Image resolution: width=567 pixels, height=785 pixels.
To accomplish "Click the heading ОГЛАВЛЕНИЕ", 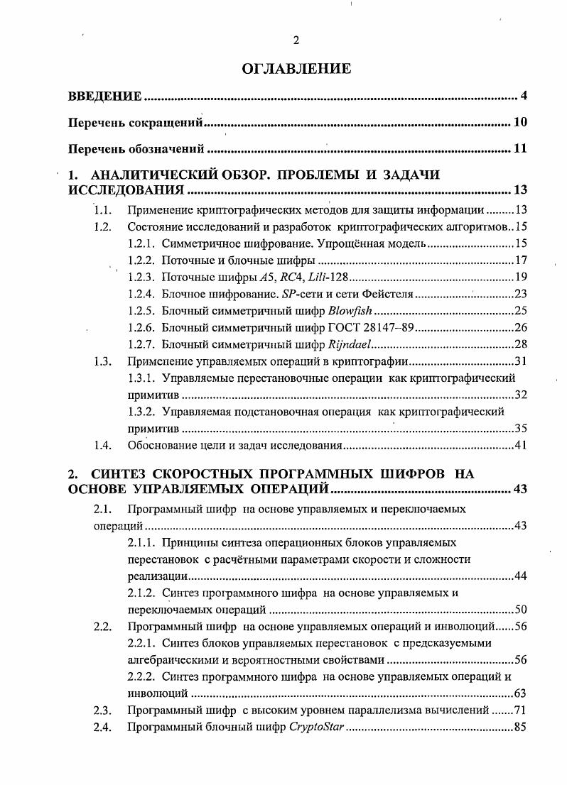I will [x=296, y=69].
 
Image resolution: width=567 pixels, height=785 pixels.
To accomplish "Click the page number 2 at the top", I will [x=296, y=40].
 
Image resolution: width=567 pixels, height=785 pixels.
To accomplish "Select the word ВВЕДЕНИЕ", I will [x=104, y=96].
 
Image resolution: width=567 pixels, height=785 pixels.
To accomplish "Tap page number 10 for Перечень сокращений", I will [x=520, y=123].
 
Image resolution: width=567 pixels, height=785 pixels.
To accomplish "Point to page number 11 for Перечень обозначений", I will [x=520, y=149].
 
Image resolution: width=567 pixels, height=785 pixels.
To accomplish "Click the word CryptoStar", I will [x=315, y=727].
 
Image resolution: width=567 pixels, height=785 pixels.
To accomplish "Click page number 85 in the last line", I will [x=520, y=727].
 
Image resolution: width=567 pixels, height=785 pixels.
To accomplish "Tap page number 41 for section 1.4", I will [x=520, y=446].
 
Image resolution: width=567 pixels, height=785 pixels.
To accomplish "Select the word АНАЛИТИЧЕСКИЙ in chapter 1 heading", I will [x=144, y=175].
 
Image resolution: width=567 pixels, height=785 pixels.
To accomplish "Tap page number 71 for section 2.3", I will [x=520, y=710].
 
